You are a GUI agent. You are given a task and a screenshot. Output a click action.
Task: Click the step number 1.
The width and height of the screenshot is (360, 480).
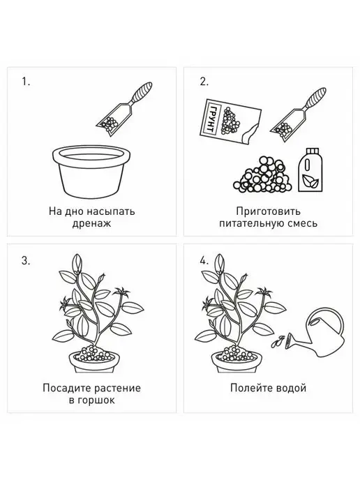click(26, 82)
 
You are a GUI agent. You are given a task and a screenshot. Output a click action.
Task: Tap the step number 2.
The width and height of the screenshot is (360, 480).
click(204, 82)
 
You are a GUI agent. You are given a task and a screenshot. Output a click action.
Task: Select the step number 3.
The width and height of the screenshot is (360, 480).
click(26, 261)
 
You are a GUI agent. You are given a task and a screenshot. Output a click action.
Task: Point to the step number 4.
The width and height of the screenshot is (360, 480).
click(204, 261)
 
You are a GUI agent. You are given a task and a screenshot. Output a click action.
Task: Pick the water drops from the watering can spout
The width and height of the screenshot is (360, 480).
click(277, 342)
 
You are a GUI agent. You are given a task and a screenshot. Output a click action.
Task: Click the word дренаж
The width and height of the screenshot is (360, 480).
click(91, 223)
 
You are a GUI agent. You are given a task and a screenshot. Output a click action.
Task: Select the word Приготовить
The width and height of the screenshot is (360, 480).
click(268, 211)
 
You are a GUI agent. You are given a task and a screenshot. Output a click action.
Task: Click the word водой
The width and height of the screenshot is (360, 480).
click(291, 388)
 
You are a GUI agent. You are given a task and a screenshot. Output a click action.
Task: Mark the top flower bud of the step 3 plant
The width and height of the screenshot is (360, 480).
click(77, 262)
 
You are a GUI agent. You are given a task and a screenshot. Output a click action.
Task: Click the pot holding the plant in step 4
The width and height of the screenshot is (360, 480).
click(237, 362)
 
